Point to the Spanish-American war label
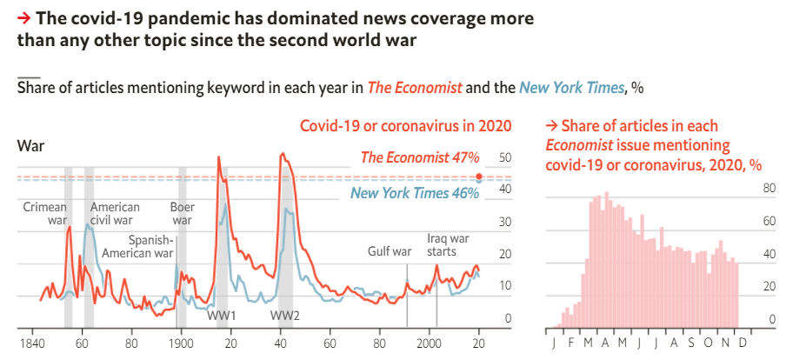(x=138, y=247)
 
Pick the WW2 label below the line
(x=284, y=315)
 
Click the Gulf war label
(x=390, y=252)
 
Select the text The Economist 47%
(x=420, y=158)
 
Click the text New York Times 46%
(x=415, y=193)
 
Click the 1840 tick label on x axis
(x=32, y=342)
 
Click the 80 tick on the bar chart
(x=769, y=189)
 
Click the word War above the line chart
(x=30, y=145)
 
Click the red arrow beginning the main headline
(x=23, y=17)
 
